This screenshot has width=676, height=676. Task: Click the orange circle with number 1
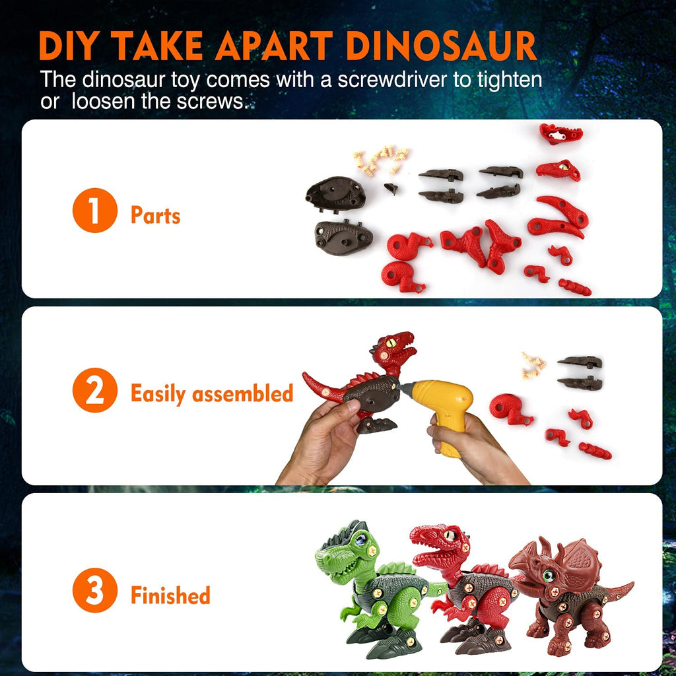[x=95, y=211]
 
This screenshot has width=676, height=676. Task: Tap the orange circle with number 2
[x=95, y=390]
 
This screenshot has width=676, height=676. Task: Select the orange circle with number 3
[x=95, y=590]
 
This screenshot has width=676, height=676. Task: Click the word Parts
[x=156, y=215]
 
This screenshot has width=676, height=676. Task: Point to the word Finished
[x=170, y=595]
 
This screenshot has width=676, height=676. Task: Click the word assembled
[x=243, y=393]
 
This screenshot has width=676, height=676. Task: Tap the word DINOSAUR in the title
[x=442, y=46]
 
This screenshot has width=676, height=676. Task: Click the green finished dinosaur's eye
[x=360, y=539]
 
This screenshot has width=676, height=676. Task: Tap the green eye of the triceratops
[x=549, y=575]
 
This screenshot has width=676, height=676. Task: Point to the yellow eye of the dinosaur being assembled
[x=391, y=343]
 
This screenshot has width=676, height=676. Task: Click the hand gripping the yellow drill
[x=474, y=448]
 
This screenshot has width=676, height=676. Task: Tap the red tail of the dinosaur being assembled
[x=322, y=388]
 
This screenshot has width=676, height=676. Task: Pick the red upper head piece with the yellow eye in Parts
[x=558, y=170]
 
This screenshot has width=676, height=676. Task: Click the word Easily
[x=158, y=394]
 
